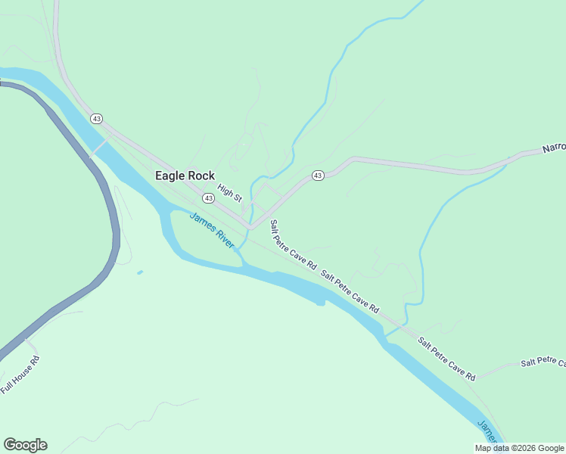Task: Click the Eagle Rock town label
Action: pyautogui.click(x=185, y=176)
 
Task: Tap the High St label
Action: pyautogui.click(x=229, y=193)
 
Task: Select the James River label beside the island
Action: pyautogui.click(x=212, y=229)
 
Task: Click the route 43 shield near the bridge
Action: pyautogui.click(x=96, y=119)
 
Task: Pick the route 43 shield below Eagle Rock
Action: pyautogui.click(x=208, y=197)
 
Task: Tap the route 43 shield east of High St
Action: pyautogui.click(x=318, y=176)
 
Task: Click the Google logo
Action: pyautogui.click(x=25, y=445)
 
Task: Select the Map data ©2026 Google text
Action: pyautogui.click(x=519, y=448)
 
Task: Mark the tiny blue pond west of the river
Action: pyautogui.click(x=140, y=272)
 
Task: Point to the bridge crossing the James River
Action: pyautogui.click(x=99, y=147)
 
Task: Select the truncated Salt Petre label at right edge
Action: pyautogui.click(x=543, y=362)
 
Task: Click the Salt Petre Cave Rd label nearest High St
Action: pyautogui.click(x=294, y=245)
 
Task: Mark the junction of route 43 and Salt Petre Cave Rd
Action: pyautogui.click(x=250, y=225)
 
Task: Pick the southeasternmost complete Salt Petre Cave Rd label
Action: pyautogui.click(x=446, y=359)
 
